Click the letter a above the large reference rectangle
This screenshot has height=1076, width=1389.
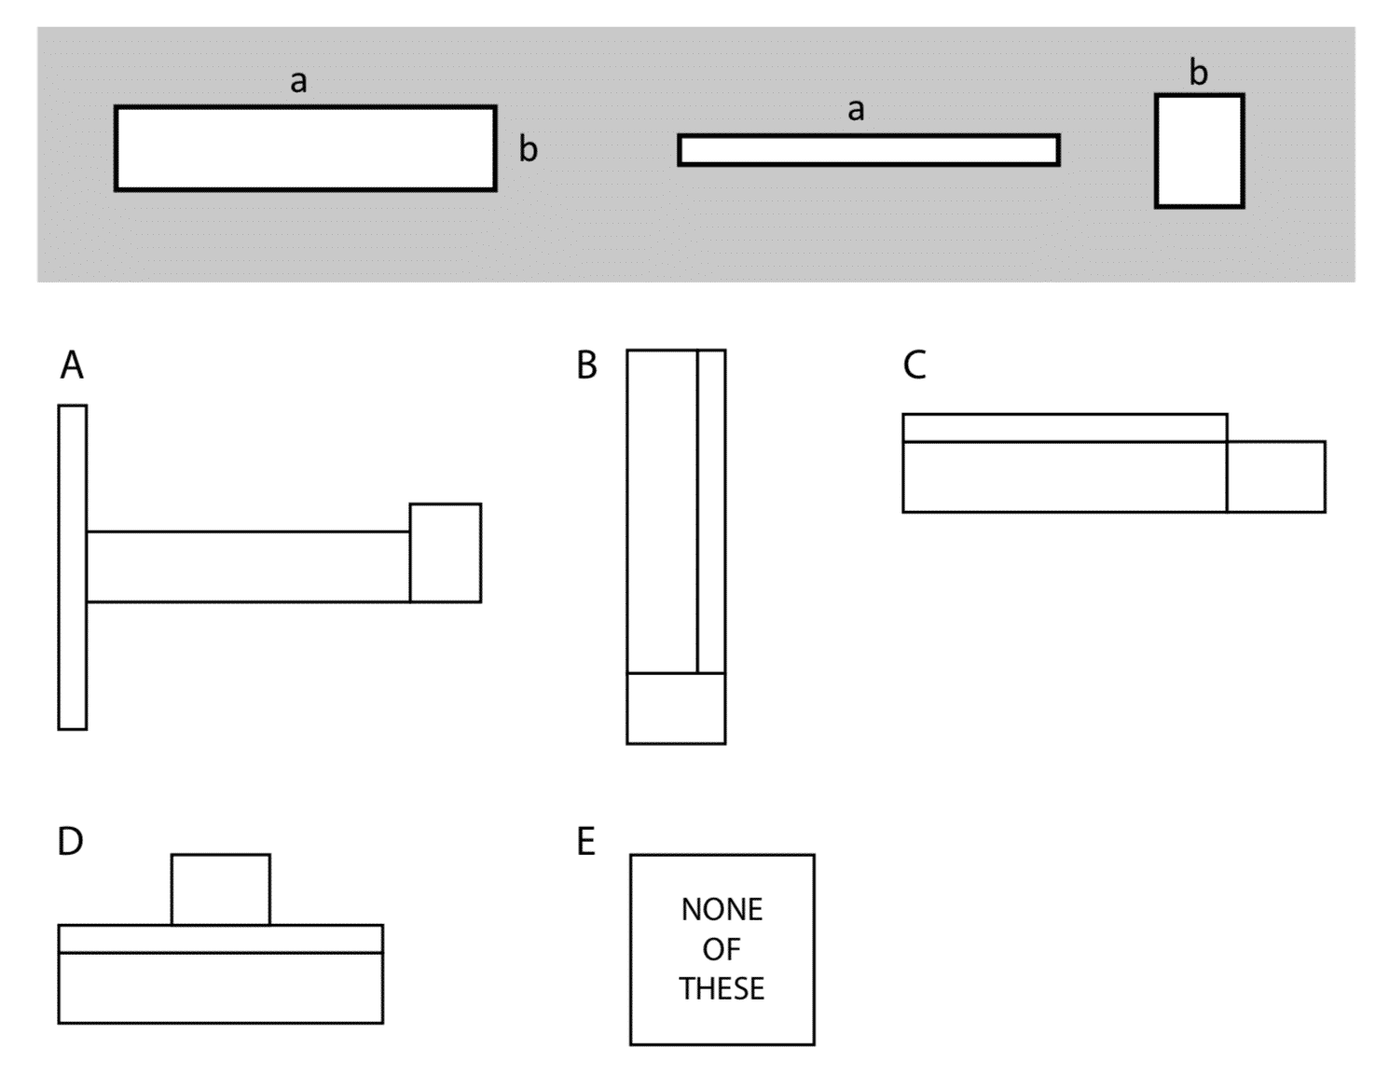click(298, 82)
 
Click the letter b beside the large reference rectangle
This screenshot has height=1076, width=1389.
click(529, 149)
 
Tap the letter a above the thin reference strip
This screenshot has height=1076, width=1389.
click(856, 111)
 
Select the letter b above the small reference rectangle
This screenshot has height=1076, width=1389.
click(1199, 73)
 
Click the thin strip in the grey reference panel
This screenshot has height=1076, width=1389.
click(868, 150)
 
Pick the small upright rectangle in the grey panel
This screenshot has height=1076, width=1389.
click(1199, 151)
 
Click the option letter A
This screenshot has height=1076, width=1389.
click(72, 366)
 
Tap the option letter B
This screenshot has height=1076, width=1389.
click(586, 366)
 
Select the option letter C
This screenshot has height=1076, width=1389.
click(915, 366)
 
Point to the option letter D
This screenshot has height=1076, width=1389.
click(71, 841)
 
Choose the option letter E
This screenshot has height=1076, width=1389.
click(585, 841)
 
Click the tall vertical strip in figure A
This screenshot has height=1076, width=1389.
click(73, 567)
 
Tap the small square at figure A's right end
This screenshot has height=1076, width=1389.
click(446, 553)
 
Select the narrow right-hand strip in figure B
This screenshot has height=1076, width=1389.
click(711, 511)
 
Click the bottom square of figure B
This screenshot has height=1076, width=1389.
click(676, 708)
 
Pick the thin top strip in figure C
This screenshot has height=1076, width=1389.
click(1065, 427)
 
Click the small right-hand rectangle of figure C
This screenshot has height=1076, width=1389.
click(1275, 476)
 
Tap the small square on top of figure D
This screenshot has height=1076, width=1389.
click(221, 890)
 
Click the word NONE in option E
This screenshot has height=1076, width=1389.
click(722, 909)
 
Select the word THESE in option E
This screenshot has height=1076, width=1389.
click(722, 988)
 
